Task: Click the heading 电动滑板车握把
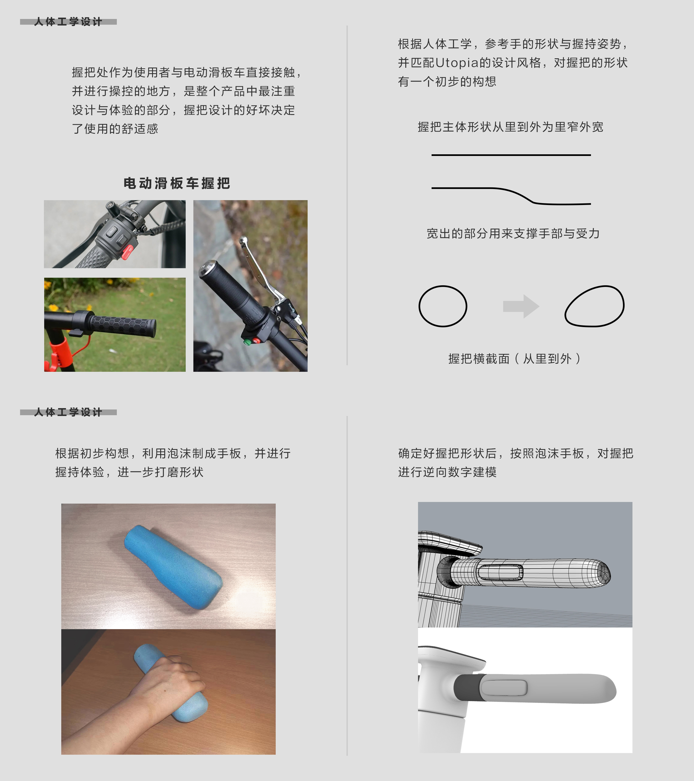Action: point(176,183)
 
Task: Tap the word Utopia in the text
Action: point(457,63)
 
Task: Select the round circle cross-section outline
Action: point(443,306)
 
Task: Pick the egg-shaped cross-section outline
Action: point(594,306)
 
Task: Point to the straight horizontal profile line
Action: point(511,155)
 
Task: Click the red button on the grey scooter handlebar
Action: point(127,252)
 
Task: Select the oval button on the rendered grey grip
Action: point(504,687)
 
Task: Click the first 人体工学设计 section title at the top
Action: point(68,22)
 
